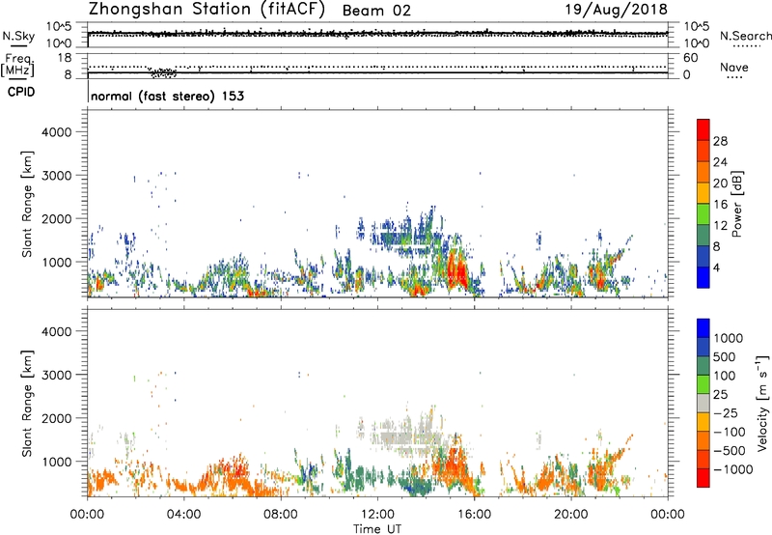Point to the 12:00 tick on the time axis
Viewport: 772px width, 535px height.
pyautogui.click(x=377, y=513)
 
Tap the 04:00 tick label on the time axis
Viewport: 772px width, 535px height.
pyautogui.click(x=183, y=513)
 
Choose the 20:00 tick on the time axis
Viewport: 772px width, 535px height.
pyautogui.click(x=571, y=513)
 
